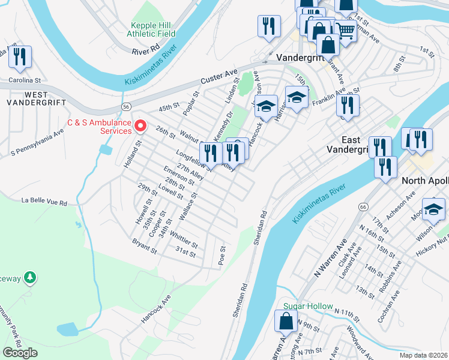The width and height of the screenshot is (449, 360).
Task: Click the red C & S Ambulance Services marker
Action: (x=140, y=125)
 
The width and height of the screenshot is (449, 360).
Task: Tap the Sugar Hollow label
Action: (x=307, y=306)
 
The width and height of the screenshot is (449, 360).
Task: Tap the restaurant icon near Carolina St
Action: (x=20, y=57)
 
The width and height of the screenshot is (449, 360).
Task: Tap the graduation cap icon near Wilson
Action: (x=433, y=209)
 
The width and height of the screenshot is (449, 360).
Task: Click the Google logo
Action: (x=20, y=352)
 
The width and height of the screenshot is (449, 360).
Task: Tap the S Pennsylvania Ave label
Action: (x=37, y=149)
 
